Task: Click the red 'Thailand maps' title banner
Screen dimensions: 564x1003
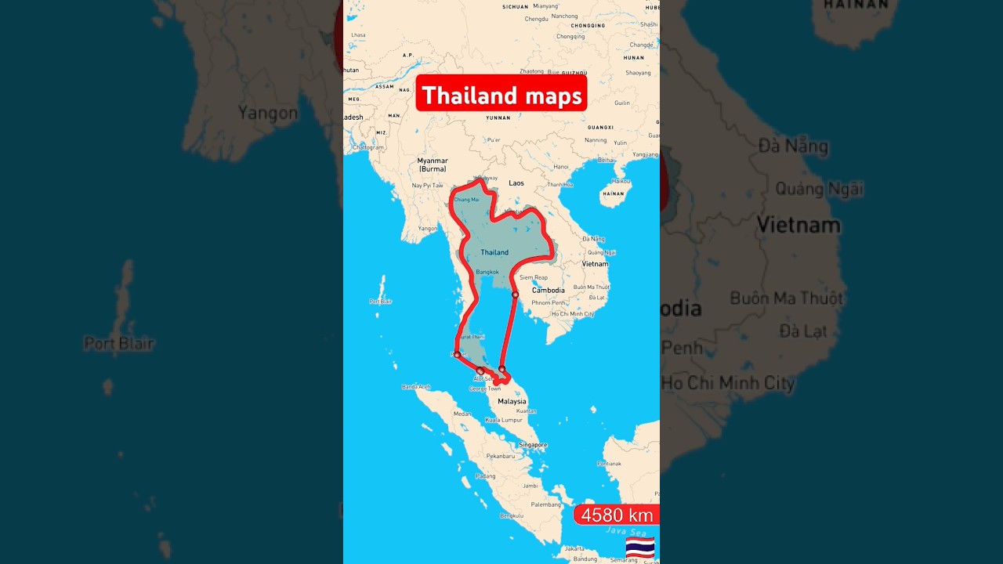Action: (x=501, y=95)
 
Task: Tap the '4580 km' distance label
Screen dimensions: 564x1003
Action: (x=617, y=515)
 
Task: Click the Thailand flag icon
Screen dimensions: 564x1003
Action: (x=639, y=547)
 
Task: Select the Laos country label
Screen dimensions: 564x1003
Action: (x=516, y=183)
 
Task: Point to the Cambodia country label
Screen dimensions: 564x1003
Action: (x=549, y=291)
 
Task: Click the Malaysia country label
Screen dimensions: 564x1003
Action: (x=512, y=401)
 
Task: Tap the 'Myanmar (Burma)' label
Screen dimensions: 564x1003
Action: (x=432, y=164)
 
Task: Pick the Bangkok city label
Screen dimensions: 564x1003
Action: (x=487, y=272)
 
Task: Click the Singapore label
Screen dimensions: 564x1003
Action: (x=533, y=444)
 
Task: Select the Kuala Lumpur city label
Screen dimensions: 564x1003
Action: (x=503, y=420)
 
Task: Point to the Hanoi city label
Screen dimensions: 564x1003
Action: (x=561, y=167)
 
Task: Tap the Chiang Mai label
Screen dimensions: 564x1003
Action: (x=466, y=200)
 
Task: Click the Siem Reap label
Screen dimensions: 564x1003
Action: (x=534, y=277)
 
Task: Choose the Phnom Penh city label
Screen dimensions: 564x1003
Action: (x=549, y=302)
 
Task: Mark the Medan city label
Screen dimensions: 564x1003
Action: (x=462, y=414)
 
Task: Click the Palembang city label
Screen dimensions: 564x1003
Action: (x=546, y=504)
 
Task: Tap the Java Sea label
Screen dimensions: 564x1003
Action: (x=622, y=530)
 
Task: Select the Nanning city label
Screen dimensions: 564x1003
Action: (x=596, y=140)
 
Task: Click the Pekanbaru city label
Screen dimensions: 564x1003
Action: (x=500, y=455)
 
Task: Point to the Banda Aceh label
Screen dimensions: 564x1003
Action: (x=416, y=386)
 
